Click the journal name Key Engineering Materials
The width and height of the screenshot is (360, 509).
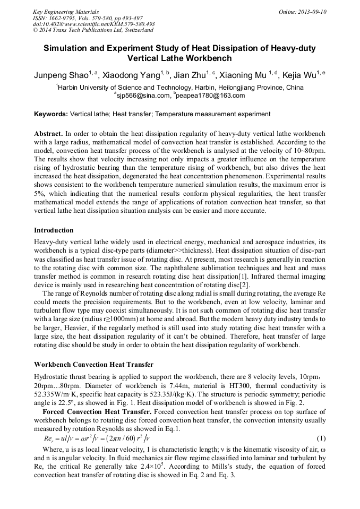(x=66, y=12)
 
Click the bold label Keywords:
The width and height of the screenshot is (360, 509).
(x=50, y=114)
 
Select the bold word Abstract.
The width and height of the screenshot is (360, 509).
(x=48, y=134)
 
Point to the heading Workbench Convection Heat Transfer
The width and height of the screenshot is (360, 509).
(x=93, y=365)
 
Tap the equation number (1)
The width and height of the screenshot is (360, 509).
(x=321, y=439)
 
